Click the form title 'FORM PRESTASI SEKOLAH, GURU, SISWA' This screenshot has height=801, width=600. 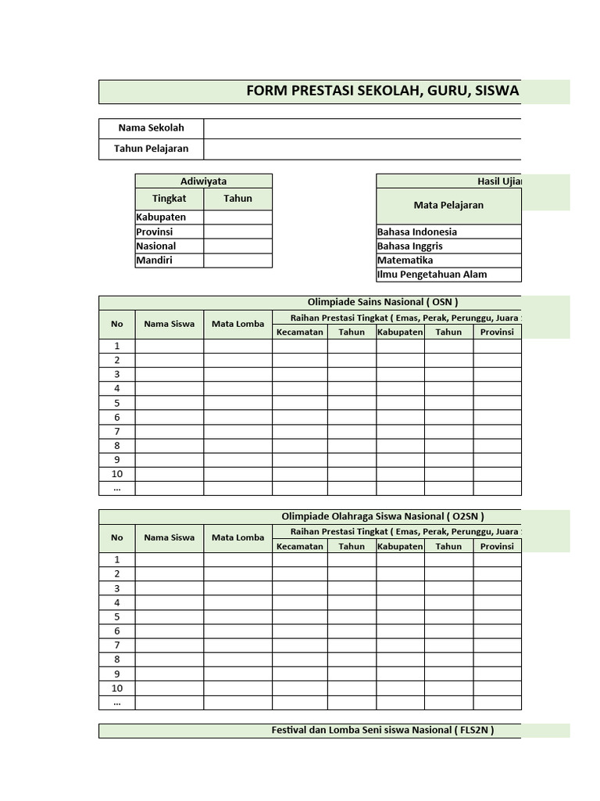point(383,92)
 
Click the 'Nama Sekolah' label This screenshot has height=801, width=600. point(151,128)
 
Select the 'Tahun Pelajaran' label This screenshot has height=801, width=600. point(151,149)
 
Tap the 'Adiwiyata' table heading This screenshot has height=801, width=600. point(203,181)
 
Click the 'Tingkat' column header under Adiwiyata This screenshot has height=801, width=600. point(169,199)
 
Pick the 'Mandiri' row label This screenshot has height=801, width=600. point(155,260)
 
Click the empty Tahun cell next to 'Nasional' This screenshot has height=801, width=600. point(237,246)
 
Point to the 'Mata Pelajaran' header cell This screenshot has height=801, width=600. point(448,206)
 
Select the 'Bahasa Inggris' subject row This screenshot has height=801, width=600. point(410,246)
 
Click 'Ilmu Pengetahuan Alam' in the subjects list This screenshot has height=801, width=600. point(431,275)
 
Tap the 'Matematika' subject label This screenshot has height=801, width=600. point(405,260)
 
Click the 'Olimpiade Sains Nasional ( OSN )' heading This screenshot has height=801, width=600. point(383,303)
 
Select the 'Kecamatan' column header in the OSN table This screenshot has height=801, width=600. point(299,332)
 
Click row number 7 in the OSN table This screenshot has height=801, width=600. point(116,432)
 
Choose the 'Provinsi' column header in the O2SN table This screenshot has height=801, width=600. point(497,547)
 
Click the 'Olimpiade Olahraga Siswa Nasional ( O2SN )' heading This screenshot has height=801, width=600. point(383,516)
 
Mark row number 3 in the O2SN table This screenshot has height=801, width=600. point(116,588)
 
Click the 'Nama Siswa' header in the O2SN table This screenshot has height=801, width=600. point(169,537)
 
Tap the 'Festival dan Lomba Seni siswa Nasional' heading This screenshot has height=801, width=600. point(383,731)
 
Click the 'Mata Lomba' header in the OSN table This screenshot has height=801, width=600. point(237,324)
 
